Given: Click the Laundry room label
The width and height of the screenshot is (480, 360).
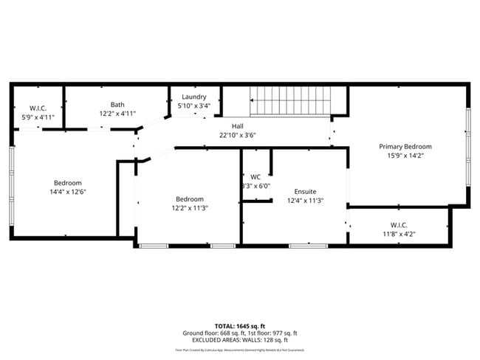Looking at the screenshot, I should (x=194, y=97).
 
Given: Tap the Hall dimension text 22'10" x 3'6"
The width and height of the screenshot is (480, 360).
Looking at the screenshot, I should (x=237, y=135).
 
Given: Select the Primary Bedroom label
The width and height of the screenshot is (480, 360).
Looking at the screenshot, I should (x=405, y=146).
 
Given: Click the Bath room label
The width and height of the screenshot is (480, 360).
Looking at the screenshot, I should (x=117, y=105).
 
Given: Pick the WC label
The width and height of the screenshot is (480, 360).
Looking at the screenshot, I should (x=256, y=177).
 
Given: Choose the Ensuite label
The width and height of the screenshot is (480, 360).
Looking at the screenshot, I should (x=305, y=191).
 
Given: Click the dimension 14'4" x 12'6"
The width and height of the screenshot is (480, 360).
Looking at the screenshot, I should (x=67, y=192).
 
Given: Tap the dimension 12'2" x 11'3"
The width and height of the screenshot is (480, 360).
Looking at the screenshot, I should (x=190, y=208).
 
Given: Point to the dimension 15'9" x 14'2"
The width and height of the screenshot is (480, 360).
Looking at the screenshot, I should (x=405, y=156).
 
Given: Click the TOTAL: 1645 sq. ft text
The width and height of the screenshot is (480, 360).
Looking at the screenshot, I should (x=240, y=325).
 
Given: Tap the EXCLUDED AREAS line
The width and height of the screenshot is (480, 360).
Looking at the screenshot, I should (x=240, y=341).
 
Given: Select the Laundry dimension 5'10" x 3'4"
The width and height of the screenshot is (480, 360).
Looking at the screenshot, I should (x=194, y=106).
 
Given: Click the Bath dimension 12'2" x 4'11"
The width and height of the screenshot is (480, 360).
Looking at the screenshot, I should (x=117, y=114).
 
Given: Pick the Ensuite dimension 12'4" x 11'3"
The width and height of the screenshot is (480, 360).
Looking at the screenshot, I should (x=305, y=201).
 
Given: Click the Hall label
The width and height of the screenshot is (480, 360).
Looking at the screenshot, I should (x=237, y=126).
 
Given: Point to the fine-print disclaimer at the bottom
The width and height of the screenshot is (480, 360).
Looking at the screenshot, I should (x=240, y=350).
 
